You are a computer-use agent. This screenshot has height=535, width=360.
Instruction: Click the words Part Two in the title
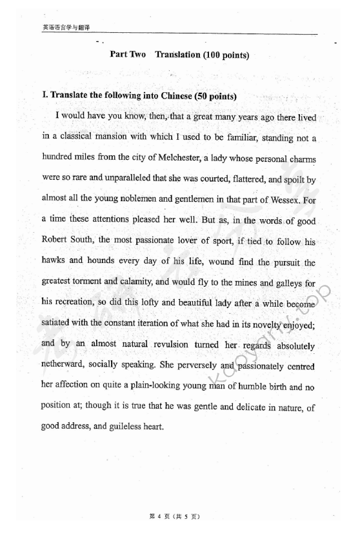pyautogui.click(x=128, y=55)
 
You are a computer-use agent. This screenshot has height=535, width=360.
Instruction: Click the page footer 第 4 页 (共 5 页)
pyautogui.click(x=175, y=516)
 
